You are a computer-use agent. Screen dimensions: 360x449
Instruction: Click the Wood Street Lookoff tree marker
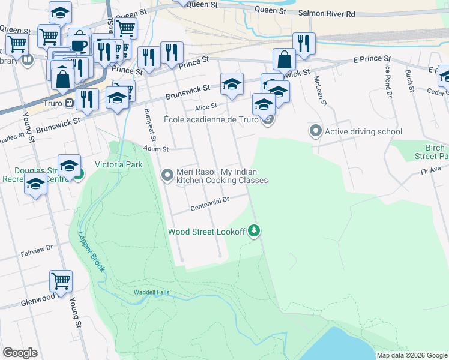(255, 231)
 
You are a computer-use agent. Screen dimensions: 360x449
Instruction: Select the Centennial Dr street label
(209, 204)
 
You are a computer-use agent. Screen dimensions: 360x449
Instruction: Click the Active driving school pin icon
(315, 131)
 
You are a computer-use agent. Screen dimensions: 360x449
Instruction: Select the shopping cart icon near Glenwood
(61, 280)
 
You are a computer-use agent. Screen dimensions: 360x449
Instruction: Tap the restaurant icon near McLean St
(304, 43)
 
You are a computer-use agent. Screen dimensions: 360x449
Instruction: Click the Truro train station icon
(69, 103)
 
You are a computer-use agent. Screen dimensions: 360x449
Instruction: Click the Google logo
(20, 352)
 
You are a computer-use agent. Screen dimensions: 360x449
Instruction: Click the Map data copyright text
(411, 355)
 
